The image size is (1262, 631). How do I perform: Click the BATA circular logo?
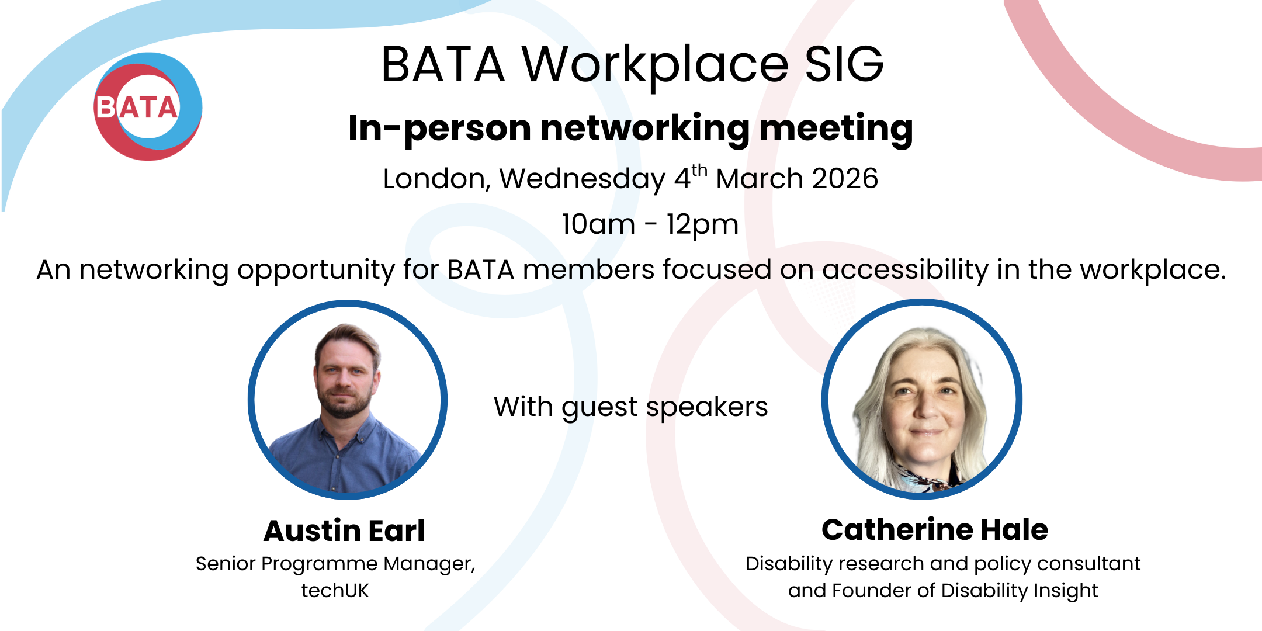coord(148,106)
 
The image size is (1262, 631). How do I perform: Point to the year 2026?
coord(845,179)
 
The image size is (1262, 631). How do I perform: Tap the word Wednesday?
coord(582,179)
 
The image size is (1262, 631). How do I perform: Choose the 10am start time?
coord(598,224)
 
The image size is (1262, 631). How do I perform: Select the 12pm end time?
coord(702,224)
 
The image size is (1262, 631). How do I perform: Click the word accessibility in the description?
coord(905,270)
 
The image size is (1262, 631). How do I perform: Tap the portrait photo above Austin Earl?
coord(348,400)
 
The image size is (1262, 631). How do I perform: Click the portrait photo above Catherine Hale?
coord(922,400)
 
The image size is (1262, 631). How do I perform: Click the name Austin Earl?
coord(344,531)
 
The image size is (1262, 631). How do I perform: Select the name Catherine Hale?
coord(935,530)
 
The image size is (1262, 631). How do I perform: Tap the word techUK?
coord(335,591)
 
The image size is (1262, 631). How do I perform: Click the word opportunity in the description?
coord(315,270)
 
